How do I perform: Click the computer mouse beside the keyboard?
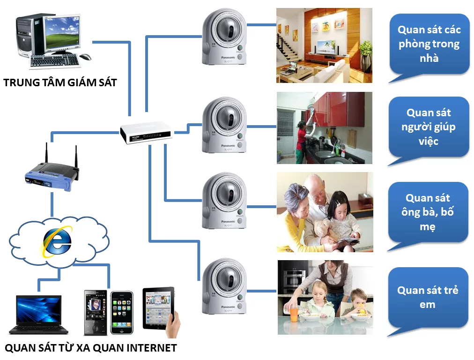point(85,57)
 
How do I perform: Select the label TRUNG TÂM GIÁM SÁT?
point(60,83)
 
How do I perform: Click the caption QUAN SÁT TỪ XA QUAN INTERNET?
point(90,348)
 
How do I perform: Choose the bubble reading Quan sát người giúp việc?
point(428,127)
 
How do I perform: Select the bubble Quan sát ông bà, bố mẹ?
point(428,212)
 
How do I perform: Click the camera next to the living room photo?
point(224,37)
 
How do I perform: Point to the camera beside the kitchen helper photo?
point(224,125)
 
